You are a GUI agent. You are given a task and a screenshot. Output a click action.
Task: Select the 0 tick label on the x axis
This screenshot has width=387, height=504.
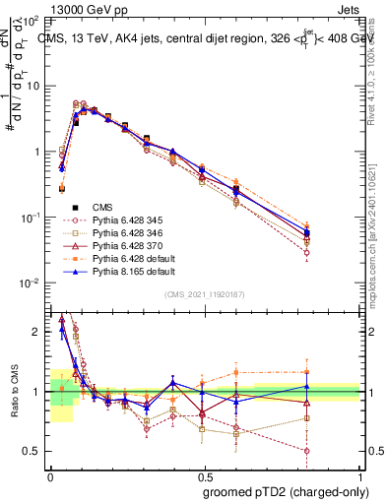(50, 474)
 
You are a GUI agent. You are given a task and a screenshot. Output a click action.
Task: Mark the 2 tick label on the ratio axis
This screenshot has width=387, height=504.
(37, 332)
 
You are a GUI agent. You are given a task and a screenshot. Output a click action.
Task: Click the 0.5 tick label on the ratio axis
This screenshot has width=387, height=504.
(33, 451)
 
